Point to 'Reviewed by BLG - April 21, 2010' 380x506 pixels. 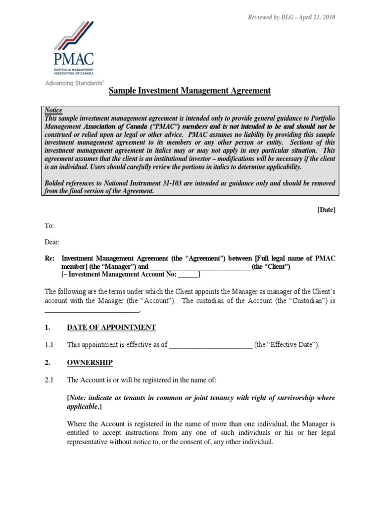291,17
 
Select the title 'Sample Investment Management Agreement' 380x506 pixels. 190,91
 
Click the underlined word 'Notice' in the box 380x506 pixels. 54,110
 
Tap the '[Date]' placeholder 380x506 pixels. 326,210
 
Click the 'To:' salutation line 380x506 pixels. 49,225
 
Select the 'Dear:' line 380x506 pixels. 52,242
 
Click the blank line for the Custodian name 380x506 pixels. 93,310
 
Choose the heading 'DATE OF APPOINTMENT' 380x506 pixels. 111,327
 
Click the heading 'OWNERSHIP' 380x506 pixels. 90,362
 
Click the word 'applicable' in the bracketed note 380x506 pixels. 83,406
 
